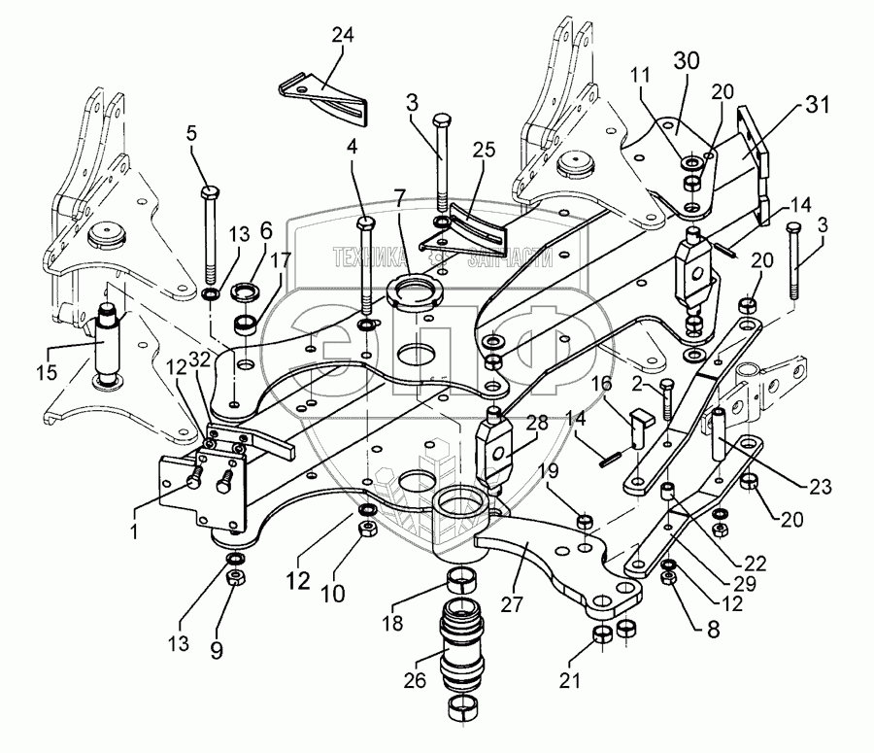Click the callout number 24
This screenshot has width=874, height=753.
pyautogui.click(x=341, y=38)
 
